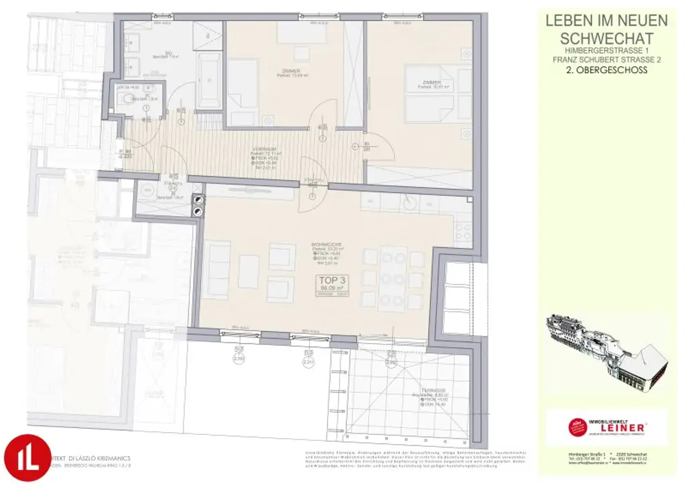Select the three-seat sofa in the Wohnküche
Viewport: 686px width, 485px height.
tap(216, 271)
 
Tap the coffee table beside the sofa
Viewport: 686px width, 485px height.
tap(249, 271)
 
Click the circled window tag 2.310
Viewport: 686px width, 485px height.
tap(238, 359)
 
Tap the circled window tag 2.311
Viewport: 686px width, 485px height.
tap(308, 362)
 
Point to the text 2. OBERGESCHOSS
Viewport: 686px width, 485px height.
tap(607, 70)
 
